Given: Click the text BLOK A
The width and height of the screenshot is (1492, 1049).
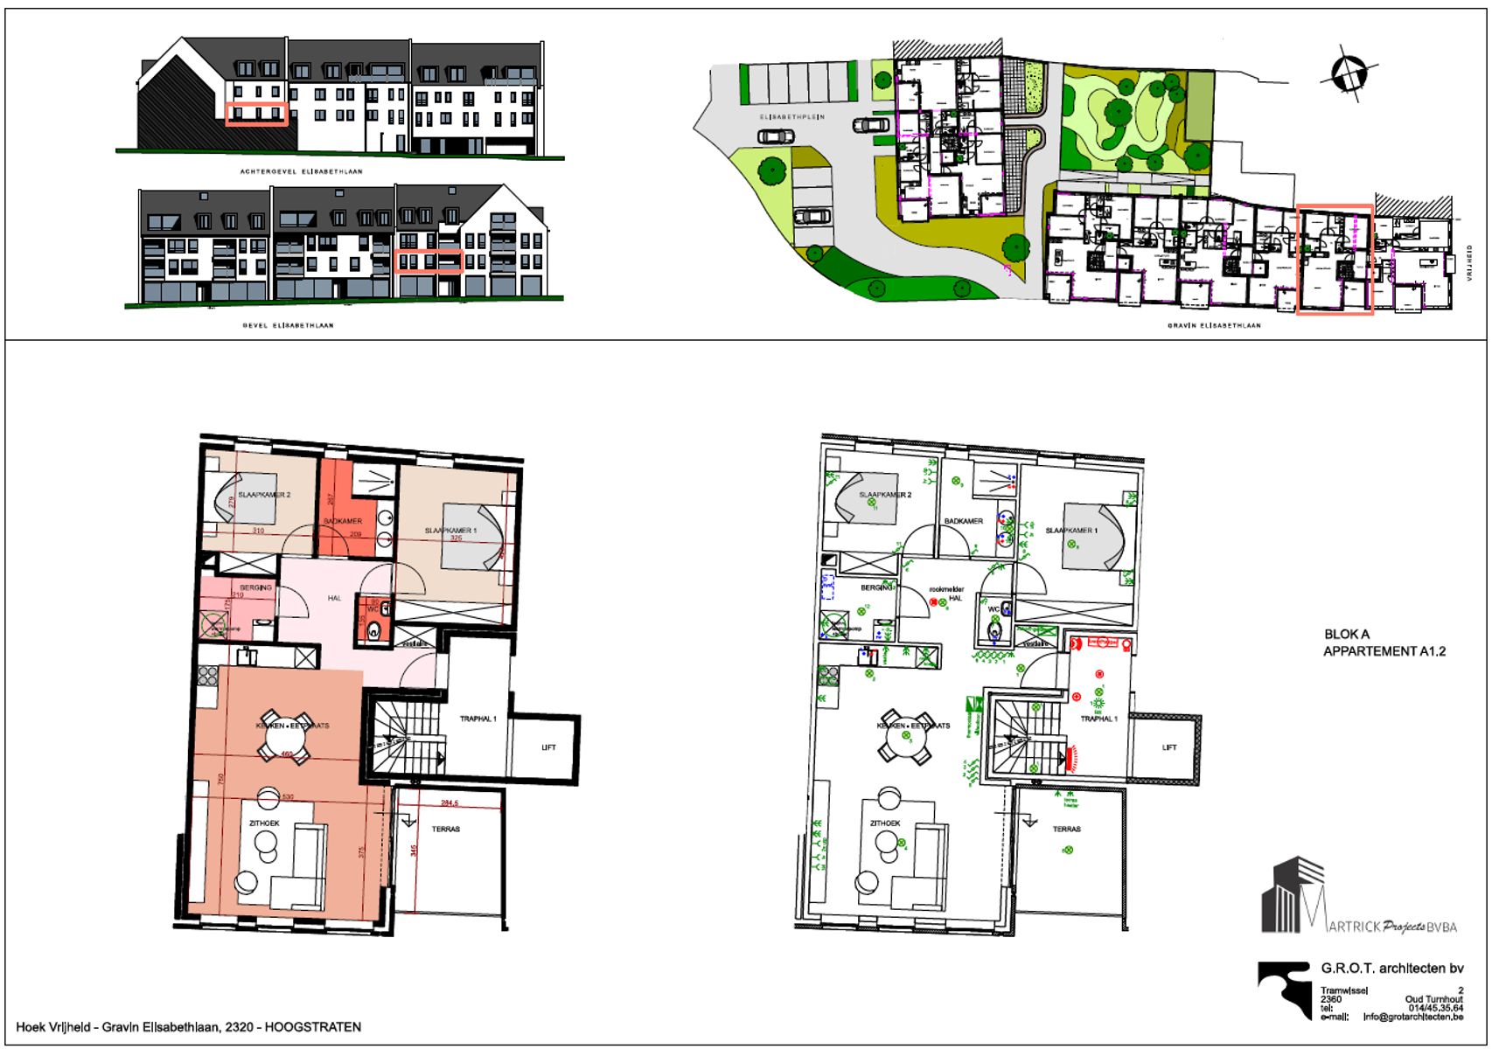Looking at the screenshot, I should (x=1347, y=635).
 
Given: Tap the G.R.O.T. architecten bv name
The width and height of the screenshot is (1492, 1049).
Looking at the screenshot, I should (x=1391, y=969).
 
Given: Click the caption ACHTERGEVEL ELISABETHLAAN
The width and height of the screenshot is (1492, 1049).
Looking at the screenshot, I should (x=301, y=171).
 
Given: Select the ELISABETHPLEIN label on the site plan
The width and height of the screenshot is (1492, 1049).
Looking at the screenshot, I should (x=792, y=116).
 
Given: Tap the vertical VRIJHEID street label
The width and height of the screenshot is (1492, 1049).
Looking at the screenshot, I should (x=1470, y=262).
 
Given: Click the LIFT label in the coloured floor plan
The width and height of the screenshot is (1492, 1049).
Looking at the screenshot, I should (x=548, y=747).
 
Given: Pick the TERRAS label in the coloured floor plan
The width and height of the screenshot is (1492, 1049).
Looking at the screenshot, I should (x=445, y=829).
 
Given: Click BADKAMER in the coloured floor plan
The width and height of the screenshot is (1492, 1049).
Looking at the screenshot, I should (x=342, y=521).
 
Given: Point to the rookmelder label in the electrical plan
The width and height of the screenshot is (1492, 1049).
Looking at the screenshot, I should (x=946, y=589).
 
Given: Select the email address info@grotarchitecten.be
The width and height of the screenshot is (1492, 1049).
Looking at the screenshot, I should (x=1412, y=1017).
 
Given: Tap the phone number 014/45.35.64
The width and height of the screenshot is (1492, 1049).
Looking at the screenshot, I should (x=1435, y=1008).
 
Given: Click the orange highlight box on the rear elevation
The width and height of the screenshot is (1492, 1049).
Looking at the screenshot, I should (x=257, y=114).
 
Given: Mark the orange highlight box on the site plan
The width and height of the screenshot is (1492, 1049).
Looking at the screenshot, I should (x=1334, y=259).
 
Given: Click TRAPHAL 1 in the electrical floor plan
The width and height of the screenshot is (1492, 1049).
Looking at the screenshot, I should (x=1098, y=719).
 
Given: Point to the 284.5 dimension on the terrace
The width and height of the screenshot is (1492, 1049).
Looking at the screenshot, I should (x=450, y=802).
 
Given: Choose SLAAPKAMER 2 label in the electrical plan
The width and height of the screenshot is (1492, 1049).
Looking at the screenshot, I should (x=885, y=495).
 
